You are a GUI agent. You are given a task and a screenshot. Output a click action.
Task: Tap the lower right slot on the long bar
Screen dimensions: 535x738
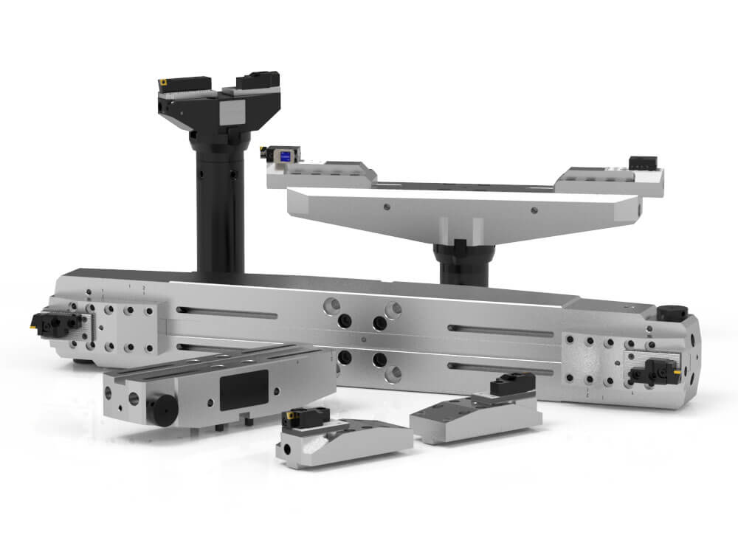[502, 367]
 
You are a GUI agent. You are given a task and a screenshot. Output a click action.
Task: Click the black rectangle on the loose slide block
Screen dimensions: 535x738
[244, 385]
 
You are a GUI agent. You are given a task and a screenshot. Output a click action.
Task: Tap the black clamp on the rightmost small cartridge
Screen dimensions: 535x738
[513, 382]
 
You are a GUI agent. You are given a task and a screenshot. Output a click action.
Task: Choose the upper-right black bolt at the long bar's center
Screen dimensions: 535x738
[379, 322]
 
